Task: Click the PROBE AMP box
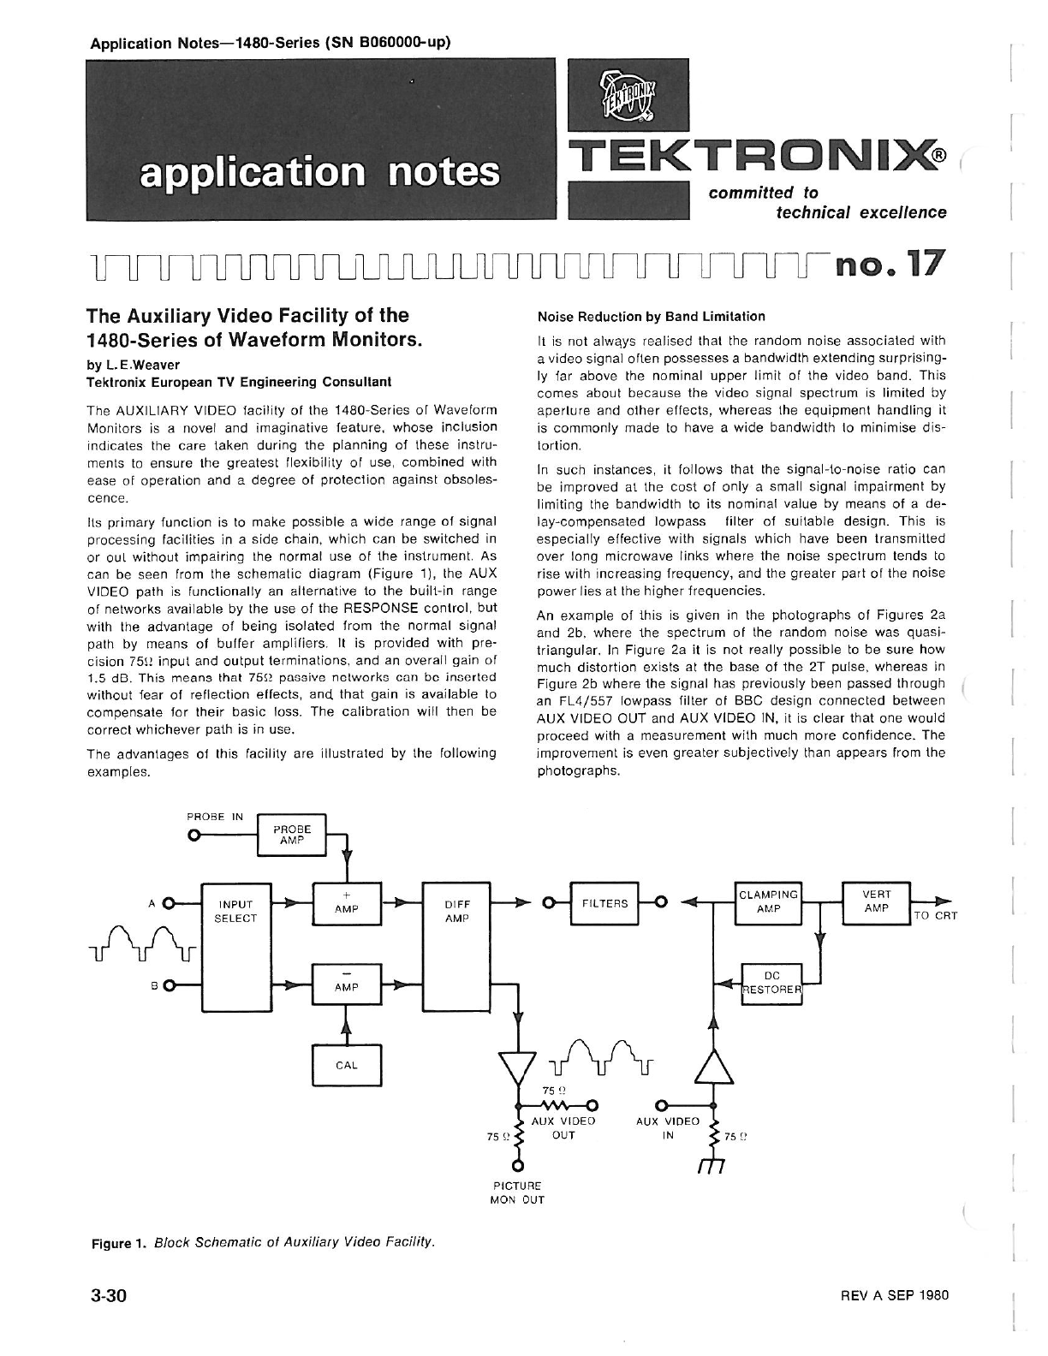tap(291, 835)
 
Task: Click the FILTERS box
tap(604, 902)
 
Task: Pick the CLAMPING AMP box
tap(768, 901)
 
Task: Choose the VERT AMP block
tap(876, 901)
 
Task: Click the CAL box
tap(346, 1065)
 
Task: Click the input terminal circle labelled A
tap(168, 902)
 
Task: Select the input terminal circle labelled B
tap(168, 984)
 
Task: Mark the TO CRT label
tap(935, 915)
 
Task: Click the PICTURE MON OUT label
tap(516, 1192)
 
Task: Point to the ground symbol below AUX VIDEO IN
tap(712, 1168)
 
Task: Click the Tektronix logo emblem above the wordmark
tap(628, 96)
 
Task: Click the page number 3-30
tap(109, 1295)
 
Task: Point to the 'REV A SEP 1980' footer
tap(895, 1295)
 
